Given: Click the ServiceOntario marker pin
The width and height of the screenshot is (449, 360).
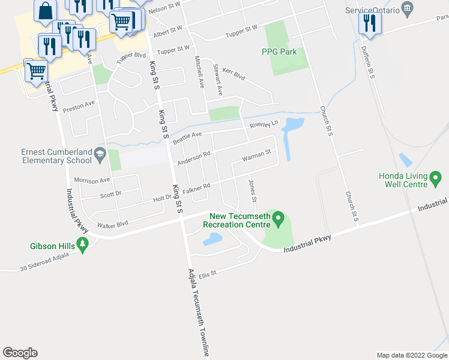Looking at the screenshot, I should point(408,7).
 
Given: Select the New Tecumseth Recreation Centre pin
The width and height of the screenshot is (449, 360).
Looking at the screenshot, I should point(277,220).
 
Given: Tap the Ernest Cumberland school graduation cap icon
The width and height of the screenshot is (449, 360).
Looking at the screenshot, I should point(98,157).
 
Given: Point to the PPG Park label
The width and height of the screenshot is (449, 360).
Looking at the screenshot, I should point(279,52).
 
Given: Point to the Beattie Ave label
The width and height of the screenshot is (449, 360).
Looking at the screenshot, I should point(187,139).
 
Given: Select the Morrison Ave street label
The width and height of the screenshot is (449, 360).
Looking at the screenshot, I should point(92,180).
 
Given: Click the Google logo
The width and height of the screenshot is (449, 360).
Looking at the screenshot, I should point(20,353).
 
